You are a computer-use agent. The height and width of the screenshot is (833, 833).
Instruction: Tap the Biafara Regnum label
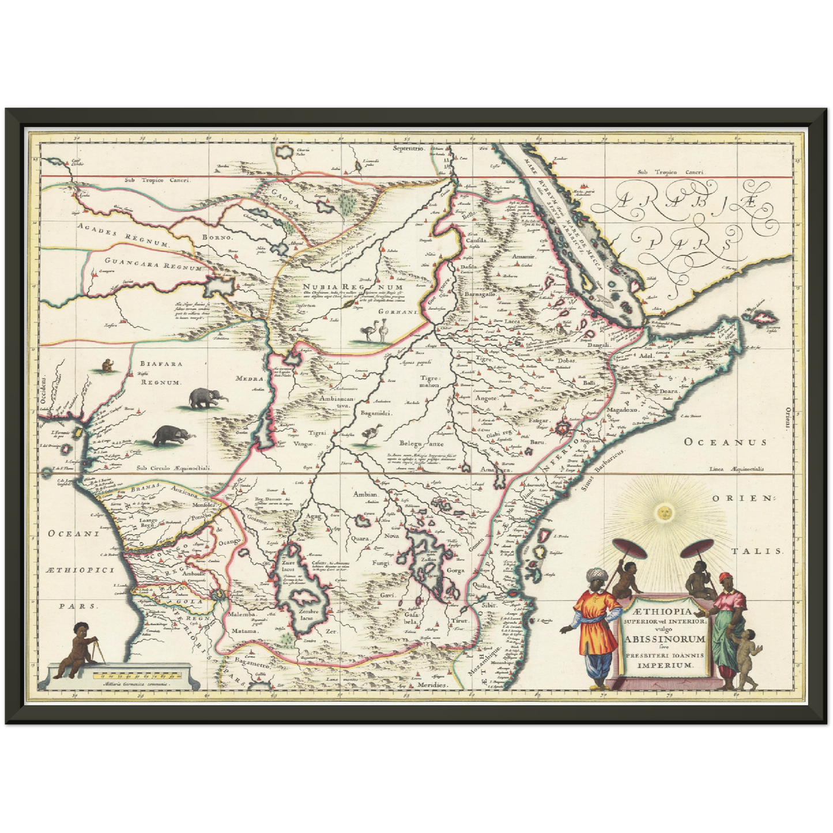(152, 373)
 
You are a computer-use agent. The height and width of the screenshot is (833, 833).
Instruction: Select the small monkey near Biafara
(107, 365)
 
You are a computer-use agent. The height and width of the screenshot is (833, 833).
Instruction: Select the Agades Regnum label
(123, 237)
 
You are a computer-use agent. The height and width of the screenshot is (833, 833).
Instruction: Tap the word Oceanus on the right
(725, 442)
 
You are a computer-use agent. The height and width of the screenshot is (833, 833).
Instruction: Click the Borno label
(217, 237)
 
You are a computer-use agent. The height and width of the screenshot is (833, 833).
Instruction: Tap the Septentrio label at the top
(408, 149)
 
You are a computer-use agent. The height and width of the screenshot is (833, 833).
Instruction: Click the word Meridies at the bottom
(432, 685)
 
